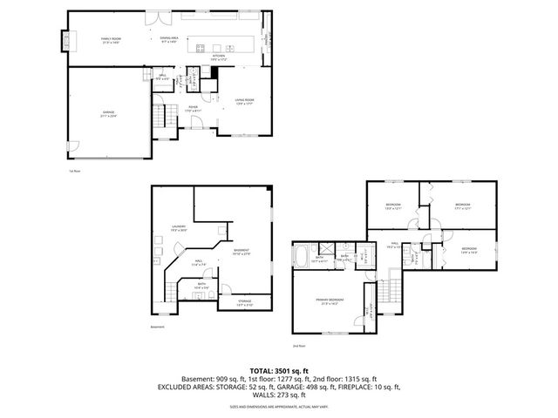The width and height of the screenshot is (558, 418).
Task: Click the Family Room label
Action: click(111, 40)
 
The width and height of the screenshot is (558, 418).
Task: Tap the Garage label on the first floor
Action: click(109, 114)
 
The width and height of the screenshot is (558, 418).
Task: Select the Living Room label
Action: click(243, 102)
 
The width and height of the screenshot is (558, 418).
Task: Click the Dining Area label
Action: click(169, 40)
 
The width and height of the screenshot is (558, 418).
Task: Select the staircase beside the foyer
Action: click(159, 116)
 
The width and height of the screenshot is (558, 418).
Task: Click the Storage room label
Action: click(244, 302)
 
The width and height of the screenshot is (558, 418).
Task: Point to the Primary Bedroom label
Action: click(330, 300)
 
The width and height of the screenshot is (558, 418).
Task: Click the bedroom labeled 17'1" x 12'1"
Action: click(462, 206)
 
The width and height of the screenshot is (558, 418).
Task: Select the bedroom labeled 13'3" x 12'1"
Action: click(392, 206)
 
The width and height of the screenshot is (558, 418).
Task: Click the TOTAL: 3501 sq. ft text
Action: click(278, 371)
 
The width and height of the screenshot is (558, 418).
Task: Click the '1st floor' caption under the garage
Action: click(74, 171)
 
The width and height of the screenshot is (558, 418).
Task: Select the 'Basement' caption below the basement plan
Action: click(157, 327)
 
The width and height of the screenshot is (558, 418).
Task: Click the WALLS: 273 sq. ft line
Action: click(278, 394)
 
